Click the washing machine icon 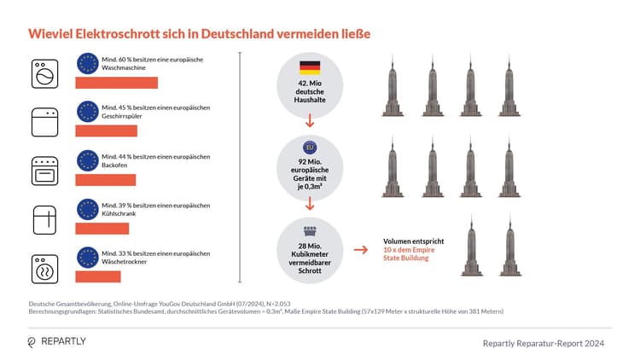[43, 73]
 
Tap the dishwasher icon [43, 122]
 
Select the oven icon [43, 171]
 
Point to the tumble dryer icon [43, 269]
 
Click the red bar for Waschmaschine [117, 83]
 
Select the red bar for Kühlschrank [102, 229]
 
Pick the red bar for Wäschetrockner [98, 277]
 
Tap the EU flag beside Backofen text [86, 160]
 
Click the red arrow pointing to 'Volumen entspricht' [361, 250]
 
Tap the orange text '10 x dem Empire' [413, 250]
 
